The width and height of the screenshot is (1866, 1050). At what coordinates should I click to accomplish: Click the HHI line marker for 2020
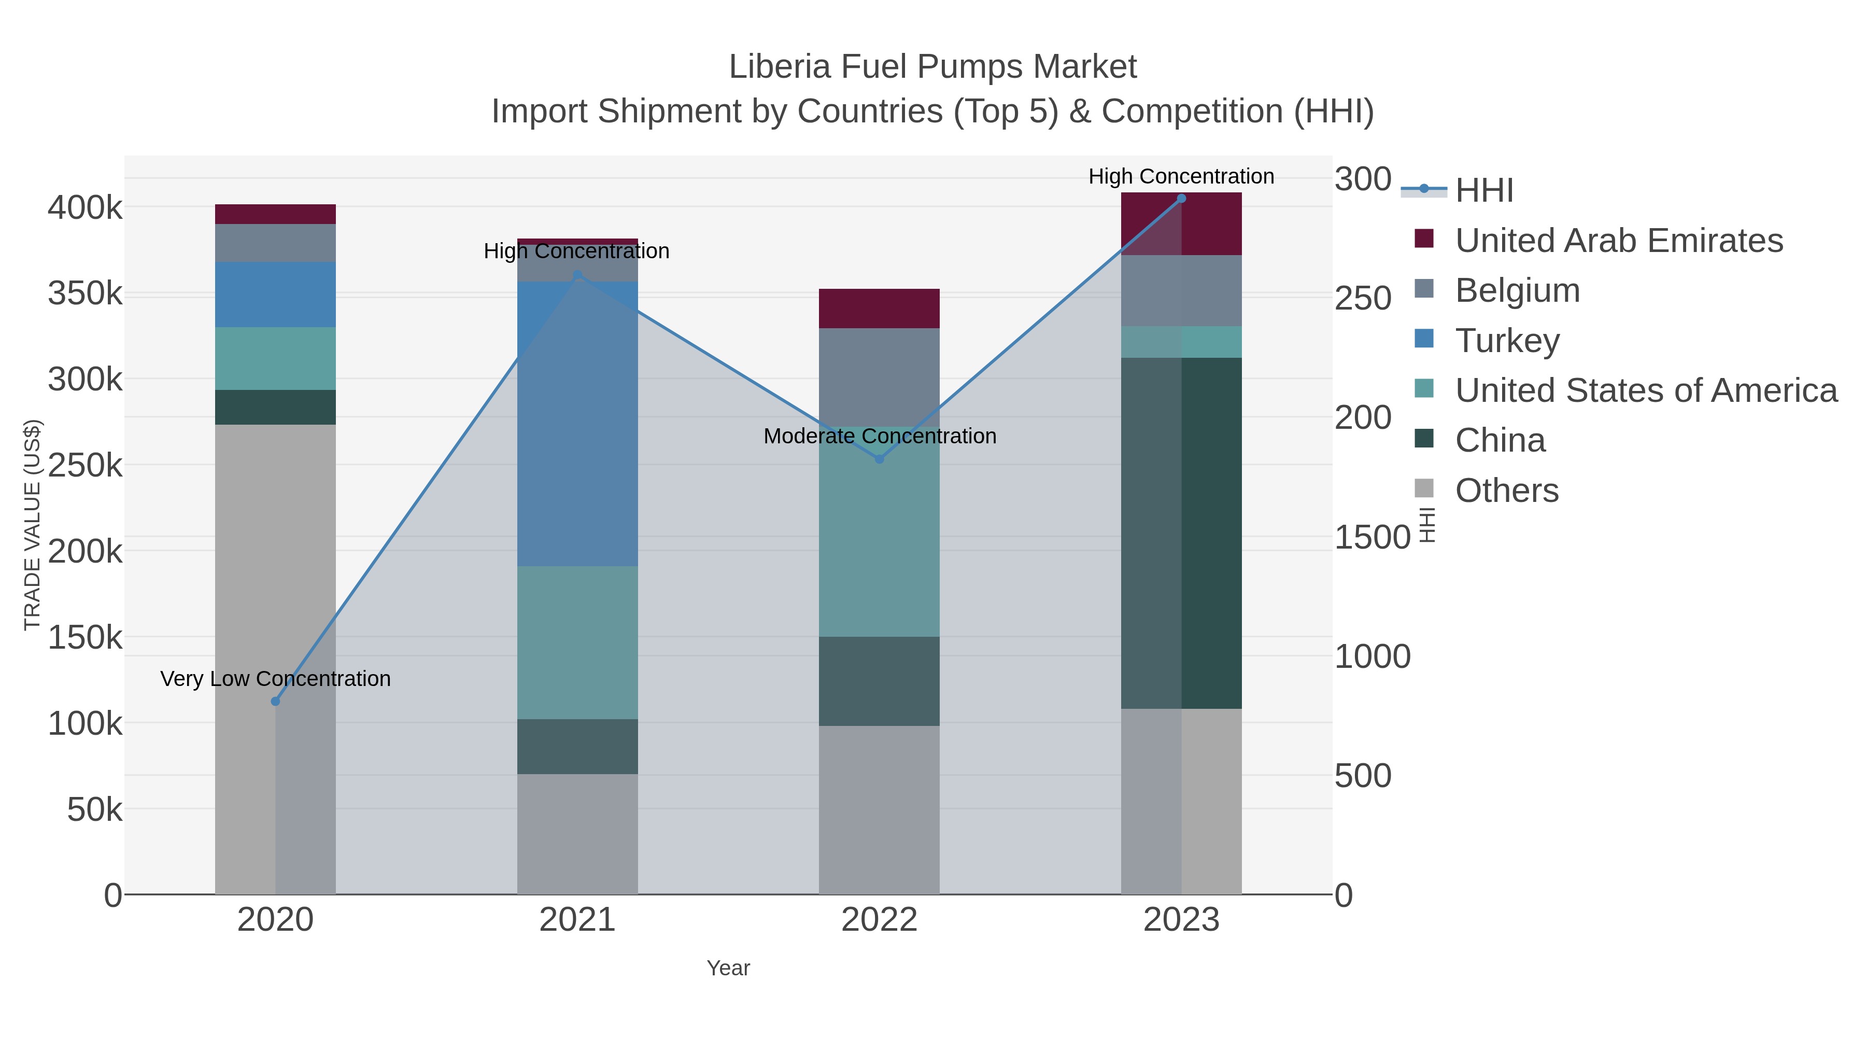[275, 702]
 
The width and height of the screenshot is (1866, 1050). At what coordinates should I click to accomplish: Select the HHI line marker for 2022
[880, 459]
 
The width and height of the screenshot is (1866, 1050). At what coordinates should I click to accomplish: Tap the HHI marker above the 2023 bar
[1181, 199]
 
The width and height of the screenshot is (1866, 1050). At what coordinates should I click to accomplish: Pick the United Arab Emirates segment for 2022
[880, 309]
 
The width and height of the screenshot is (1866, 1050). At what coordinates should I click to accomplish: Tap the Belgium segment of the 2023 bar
[1181, 290]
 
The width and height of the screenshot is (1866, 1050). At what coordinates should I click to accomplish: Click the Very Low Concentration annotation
[275, 679]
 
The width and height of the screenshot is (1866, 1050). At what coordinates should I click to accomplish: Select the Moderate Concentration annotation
[880, 436]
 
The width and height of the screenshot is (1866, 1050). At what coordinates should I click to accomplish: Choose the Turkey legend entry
[1507, 341]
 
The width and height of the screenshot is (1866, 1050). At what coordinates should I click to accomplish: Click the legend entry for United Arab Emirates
[1619, 241]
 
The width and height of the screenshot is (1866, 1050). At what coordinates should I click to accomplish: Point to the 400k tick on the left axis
[86, 208]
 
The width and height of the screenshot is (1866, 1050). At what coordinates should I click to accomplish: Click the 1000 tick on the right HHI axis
[1372, 656]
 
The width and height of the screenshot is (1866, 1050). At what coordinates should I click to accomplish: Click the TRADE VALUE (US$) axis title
[33, 525]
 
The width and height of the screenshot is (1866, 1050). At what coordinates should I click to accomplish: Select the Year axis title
[728, 968]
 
